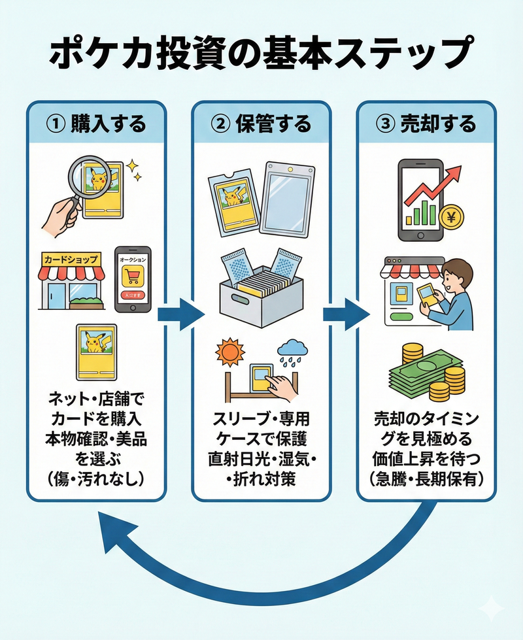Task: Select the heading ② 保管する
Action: tap(261, 124)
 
